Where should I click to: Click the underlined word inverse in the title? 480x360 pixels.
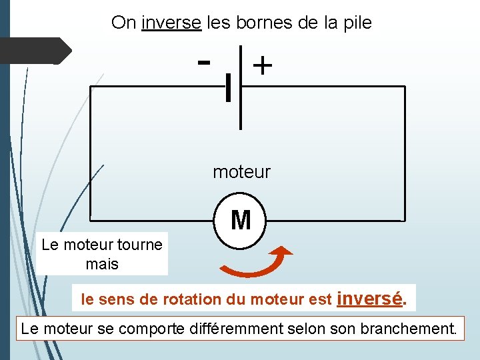(171, 23)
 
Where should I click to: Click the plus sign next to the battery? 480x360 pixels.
(263, 65)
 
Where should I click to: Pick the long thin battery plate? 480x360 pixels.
(241, 87)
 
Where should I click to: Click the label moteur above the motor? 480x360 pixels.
(241, 172)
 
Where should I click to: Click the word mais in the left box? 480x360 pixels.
(102, 264)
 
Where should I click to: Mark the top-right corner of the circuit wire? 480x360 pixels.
(404, 87)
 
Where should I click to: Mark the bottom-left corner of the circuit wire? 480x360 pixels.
(91, 220)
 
